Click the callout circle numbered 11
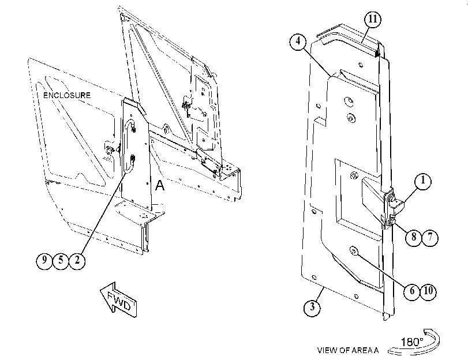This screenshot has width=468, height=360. click(373, 20)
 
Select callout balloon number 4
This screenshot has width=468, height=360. click(298, 41)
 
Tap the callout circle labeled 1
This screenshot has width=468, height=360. click(423, 181)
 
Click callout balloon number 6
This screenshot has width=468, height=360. click(412, 291)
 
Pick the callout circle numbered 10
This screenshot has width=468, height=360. click(428, 291)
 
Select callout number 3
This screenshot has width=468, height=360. click(312, 307)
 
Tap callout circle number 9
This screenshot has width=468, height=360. click(44, 261)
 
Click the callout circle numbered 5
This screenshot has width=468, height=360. click(61, 261)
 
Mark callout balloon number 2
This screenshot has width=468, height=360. click(77, 261)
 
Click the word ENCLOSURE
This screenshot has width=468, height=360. click(67, 95)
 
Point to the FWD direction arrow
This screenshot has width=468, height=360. click(118, 299)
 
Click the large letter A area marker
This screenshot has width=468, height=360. click(160, 185)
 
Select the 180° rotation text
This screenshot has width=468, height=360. click(412, 342)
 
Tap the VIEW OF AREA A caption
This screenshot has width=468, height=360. click(348, 350)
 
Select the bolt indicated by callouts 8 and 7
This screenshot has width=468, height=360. click(392, 221)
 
